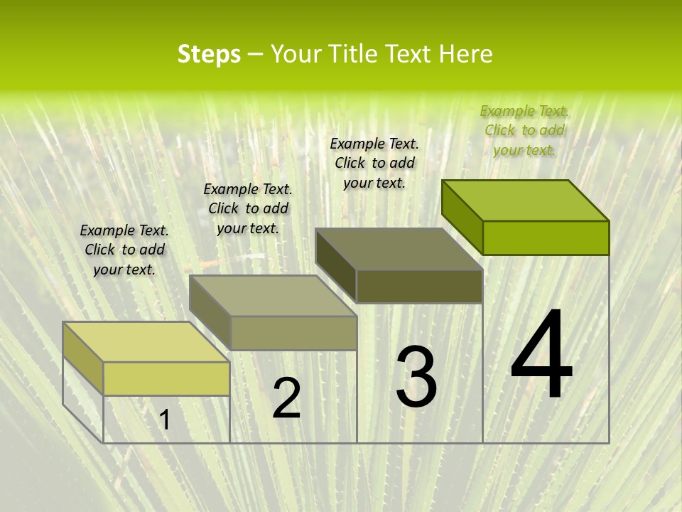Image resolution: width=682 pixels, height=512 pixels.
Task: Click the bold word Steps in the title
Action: point(209,54)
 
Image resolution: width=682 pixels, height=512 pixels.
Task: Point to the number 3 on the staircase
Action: point(416,376)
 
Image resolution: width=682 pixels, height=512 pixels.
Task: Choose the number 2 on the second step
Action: point(286,398)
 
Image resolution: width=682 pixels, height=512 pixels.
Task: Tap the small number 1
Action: point(165,420)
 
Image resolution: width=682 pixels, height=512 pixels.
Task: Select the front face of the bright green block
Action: point(546,238)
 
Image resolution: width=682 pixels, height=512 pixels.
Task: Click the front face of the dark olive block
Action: point(419,287)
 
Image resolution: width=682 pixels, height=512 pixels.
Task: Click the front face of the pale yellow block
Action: point(166,378)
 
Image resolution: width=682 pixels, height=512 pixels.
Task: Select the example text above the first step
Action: point(124,250)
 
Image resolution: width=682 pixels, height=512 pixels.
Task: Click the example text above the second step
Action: point(248,209)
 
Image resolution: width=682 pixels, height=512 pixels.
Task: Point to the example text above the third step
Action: point(374,163)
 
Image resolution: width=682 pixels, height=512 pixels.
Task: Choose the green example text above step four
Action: point(524,130)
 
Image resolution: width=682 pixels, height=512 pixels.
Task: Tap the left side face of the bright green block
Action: point(462,216)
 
